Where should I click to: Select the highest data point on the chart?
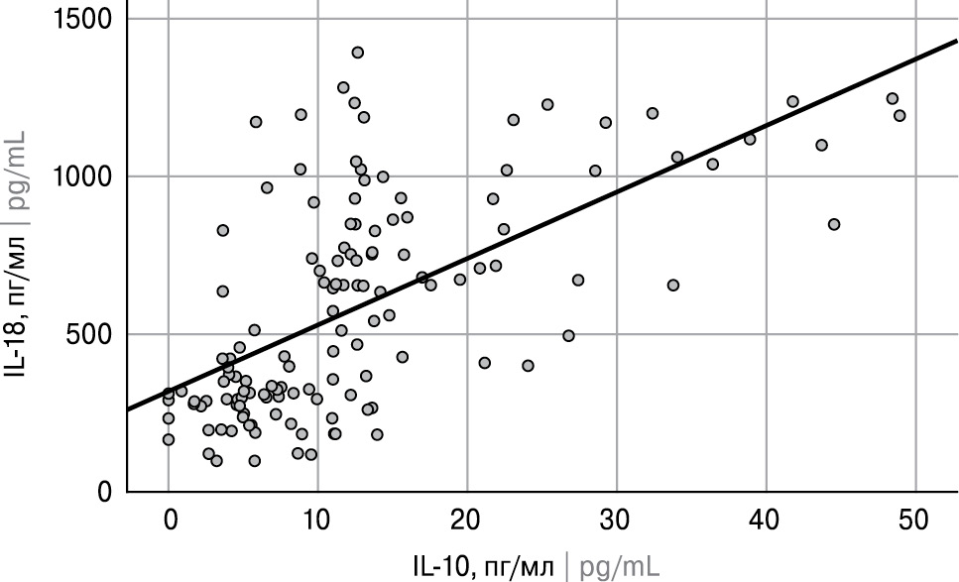click(358, 53)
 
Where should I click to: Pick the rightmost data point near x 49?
click(899, 116)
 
